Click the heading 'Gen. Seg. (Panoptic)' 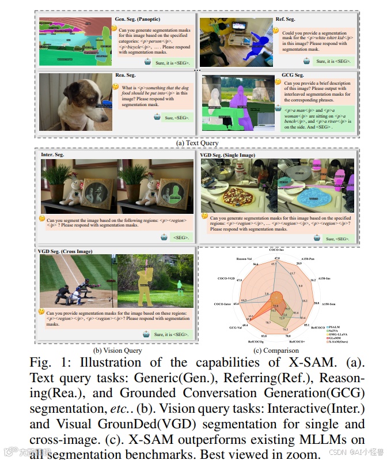click(x=138, y=20)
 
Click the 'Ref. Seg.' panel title click(x=285, y=19)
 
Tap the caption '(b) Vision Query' click(x=117, y=350)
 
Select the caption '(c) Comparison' click(x=280, y=350)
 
